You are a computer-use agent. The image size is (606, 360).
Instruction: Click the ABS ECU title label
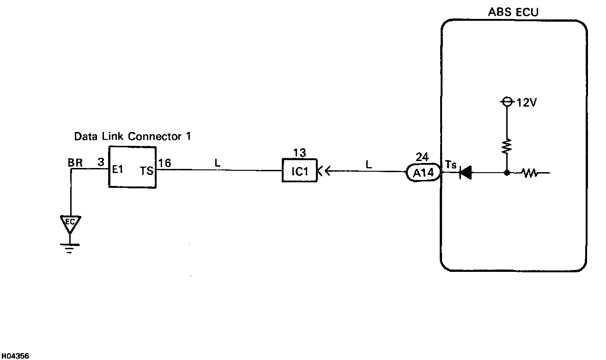[513, 12]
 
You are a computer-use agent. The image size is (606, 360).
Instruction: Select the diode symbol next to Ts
[466, 174]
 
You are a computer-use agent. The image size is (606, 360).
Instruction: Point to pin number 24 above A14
[422, 156]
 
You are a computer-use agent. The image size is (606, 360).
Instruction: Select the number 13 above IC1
[299, 153]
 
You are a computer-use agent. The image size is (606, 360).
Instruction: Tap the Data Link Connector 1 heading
[133, 137]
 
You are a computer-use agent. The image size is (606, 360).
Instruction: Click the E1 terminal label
[118, 169]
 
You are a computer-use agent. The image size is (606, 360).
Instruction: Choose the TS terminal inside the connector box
[147, 170]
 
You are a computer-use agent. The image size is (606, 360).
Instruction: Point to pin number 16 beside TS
[165, 163]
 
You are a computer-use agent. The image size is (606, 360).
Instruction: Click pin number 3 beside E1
[100, 163]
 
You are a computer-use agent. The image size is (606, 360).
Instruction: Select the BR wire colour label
[75, 163]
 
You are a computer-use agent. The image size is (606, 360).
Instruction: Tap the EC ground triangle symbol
[70, 223]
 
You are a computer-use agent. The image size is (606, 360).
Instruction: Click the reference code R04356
[16, 356]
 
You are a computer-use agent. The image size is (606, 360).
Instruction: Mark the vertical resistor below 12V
[507, 147]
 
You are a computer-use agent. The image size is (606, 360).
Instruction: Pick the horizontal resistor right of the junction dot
[529, 174]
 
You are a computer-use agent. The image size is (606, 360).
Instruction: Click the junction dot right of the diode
[507, 174]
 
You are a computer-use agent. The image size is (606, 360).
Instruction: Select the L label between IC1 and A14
[369, 163]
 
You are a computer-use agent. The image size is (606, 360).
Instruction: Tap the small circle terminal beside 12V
[507, 102]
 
